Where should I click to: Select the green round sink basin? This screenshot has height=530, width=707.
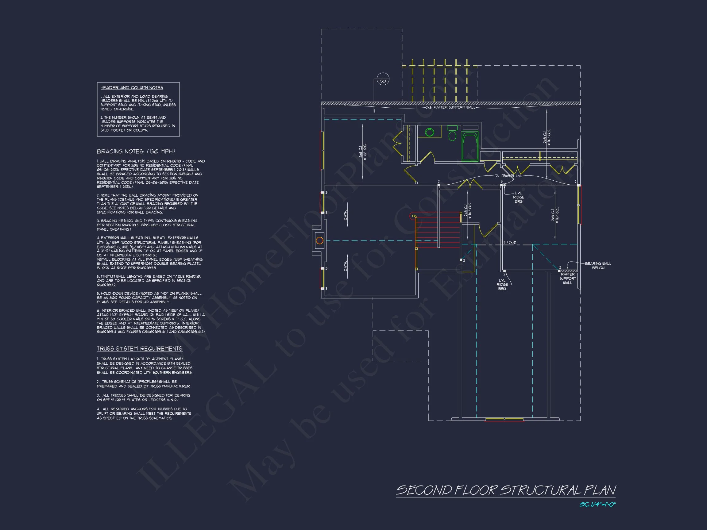coord(429,132)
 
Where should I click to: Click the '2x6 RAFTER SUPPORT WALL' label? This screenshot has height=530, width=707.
coord(451,107)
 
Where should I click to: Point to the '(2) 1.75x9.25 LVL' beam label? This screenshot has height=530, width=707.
coord(508,176)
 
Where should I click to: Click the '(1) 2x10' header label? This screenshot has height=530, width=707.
coord(510,243)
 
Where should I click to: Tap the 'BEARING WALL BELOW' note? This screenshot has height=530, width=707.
coord(598,266)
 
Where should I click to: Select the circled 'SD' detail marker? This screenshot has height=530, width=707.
coord(383,79)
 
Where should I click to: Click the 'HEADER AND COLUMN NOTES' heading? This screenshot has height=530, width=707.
coord(132,87)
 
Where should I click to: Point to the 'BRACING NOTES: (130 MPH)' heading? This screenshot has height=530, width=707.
coord(136,152)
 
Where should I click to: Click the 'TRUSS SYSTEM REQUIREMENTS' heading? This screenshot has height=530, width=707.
coord(140,348)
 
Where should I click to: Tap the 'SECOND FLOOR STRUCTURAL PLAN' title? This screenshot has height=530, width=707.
coord(506,490)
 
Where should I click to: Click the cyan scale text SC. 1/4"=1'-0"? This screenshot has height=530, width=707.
coord(597,505)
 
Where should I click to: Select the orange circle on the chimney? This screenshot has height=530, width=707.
coord(319,240)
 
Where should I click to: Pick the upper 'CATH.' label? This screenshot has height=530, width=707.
coord(346,215)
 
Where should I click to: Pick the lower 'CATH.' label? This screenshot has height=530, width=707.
coord(346,266)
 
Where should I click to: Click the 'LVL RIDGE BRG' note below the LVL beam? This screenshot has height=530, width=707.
coord(518,197)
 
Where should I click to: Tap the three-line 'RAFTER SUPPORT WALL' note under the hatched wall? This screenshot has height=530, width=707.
coord(567,278)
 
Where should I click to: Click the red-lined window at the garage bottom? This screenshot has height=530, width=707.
coord(504,420)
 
